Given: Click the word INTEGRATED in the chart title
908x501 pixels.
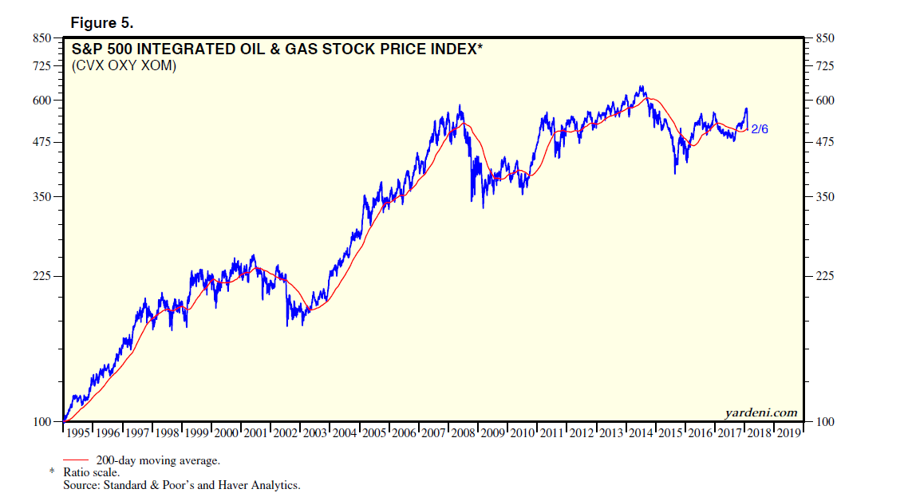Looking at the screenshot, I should pyautogui.click(x=177, y=49).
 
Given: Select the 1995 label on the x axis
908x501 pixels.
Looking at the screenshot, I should pyautogui.click(x=79, y=433).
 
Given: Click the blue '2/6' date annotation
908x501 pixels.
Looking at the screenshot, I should pyautogui.click(x=760, y=128).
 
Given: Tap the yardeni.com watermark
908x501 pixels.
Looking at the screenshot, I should pyautogui.click(x=760, y=412).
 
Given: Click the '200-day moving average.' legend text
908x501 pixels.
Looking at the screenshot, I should pyautogui.click(x=157, y=460).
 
